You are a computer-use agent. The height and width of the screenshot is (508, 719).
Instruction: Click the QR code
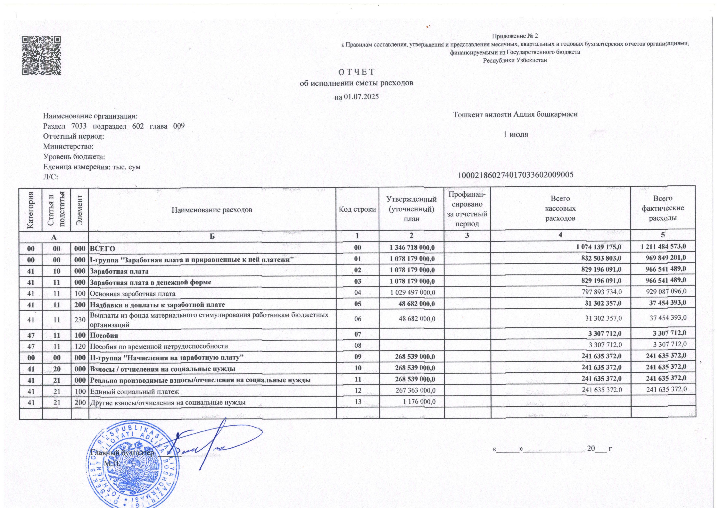41,55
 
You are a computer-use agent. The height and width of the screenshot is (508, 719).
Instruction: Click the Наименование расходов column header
212,210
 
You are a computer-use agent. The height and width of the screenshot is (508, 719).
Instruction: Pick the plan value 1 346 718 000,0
412,248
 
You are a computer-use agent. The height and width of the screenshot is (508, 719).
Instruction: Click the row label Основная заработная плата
132,294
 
